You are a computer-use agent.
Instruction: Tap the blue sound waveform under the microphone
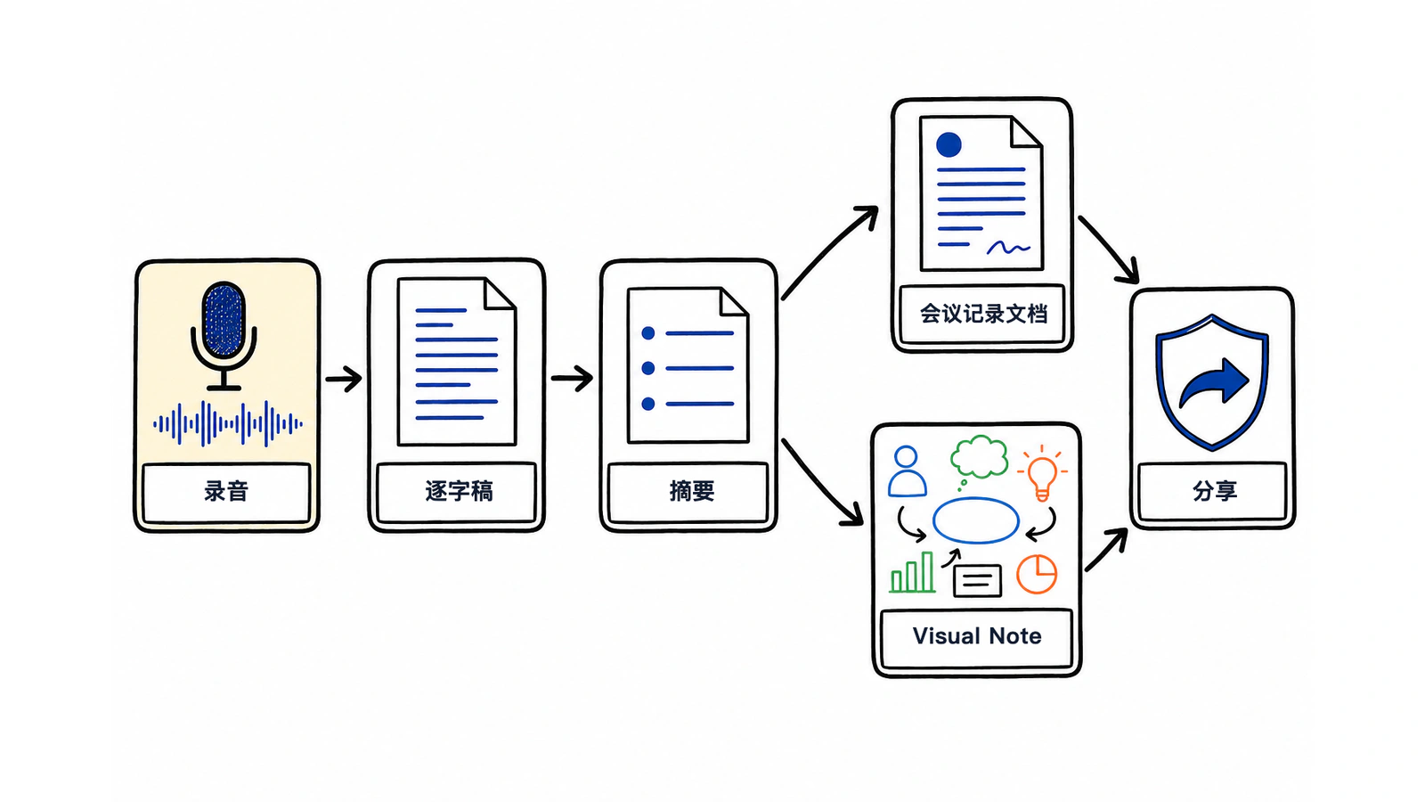point(228,423)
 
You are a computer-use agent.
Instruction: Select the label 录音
point(226,491)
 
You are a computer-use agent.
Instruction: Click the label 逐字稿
point(459,491)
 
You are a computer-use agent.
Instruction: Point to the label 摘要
point(692,491)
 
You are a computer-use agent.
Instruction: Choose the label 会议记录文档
point(983,314)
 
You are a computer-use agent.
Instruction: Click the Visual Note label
point(977,636)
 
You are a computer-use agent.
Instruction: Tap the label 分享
point(1215,491)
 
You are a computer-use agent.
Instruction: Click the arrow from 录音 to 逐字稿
point(344,380)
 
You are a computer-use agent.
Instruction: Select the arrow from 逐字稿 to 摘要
point(572,379)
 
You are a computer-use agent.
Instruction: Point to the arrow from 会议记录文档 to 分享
point(1108,249)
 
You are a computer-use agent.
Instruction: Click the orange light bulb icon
point(1042,473)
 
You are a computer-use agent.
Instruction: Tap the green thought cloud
point(980,457)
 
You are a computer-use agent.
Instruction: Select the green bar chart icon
point(912,572)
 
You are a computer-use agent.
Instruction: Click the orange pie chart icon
point(1037,574)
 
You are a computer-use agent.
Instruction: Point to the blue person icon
point(908,471)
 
